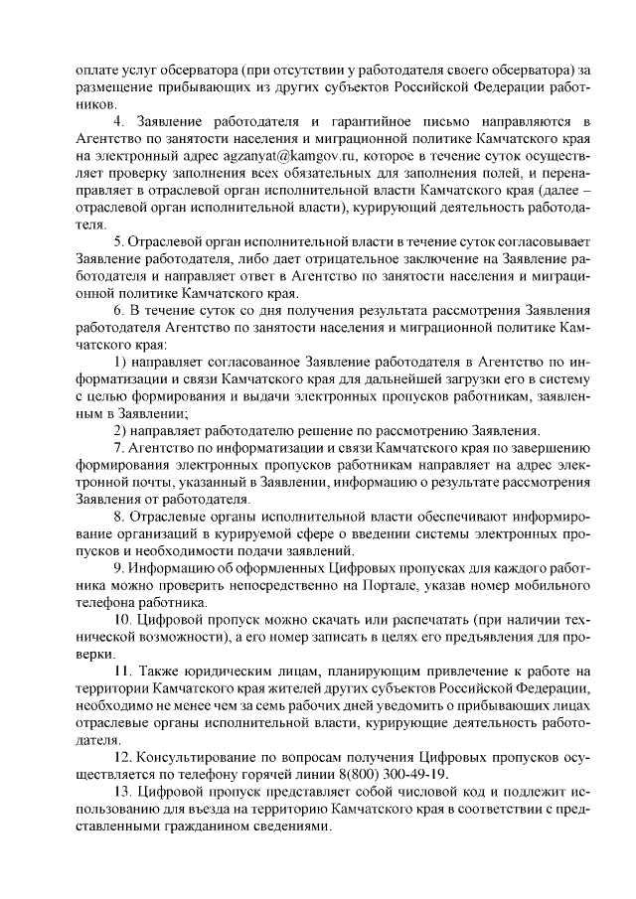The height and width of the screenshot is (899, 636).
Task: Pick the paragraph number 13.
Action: tap(121, 794)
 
